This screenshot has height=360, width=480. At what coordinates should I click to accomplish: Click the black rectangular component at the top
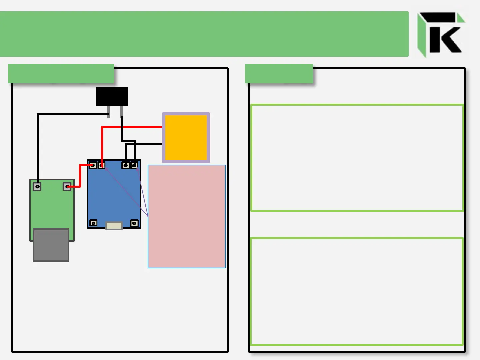pyautogui.click(x=112, y=97)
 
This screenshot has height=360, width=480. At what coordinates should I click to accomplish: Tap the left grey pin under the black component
pyautogui.click(x=108, y=111)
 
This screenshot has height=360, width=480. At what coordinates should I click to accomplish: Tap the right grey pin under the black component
pyautogui.click(x=122, y=111)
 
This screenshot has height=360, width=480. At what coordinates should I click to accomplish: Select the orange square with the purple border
pyautogui.click(x=186, y=138)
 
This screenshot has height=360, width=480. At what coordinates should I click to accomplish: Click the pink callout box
pyautogui.click(x=187, y=217)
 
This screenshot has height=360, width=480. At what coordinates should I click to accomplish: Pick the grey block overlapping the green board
pyautogui.click(x=51, y=245)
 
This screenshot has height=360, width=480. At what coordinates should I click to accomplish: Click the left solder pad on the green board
pyautogui.click(x=37, y=187)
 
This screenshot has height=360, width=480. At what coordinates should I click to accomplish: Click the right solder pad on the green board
pyautogui.click(x=67, y=187)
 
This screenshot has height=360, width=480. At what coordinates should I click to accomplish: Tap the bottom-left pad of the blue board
pyautogui.click(x=94, y=223)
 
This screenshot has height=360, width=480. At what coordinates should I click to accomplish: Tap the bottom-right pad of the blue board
pyautogui.click(x=134, y=223)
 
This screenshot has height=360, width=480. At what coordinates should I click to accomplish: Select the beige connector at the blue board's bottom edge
pyautogui.click(x=114, y=226)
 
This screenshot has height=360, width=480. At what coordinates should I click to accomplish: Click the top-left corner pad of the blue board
pyautogui.click(x=93, y=165)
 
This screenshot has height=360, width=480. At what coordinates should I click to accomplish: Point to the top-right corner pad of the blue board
pyautogui.click(x=134, y=165)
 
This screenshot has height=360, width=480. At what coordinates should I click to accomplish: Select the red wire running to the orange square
pyautogui.click(x=133, y=127)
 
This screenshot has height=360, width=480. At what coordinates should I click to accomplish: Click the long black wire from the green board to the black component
pyautogui.click(x=38, y=147)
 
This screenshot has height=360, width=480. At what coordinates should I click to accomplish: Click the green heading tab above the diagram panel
pyautogui.click(x=61, y=74)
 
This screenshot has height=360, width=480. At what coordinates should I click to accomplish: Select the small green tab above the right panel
pyautogui.click(x=279, y=74)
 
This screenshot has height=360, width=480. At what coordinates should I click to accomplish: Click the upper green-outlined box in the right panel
pyautogui.click(x=357, y=158)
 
